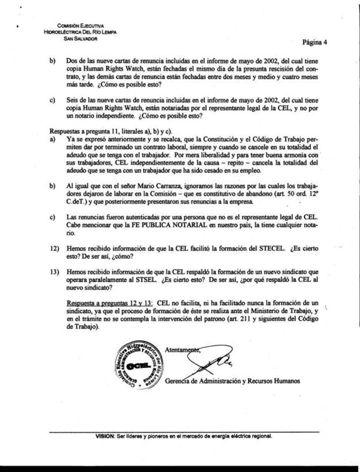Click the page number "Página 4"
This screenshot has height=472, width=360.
315,42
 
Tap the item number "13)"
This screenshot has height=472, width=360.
55,272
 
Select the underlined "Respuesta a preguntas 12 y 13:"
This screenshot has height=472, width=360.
110,303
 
